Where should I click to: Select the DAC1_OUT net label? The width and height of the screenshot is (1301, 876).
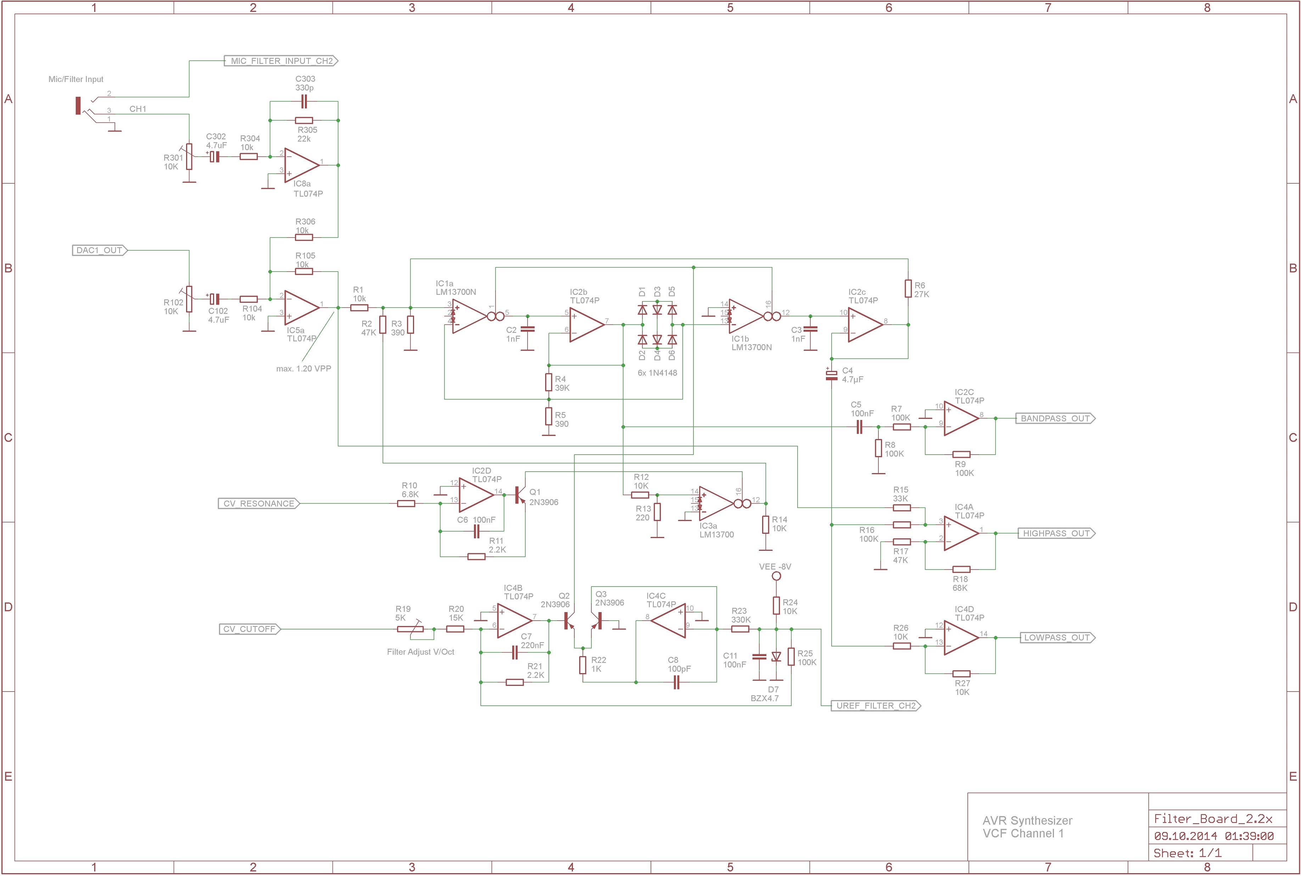point(99,250)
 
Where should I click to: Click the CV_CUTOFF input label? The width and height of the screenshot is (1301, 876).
point(249,629)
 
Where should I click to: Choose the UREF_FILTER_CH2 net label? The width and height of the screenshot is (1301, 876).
point(875,706)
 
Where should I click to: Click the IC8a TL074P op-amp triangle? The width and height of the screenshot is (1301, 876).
point(300,165)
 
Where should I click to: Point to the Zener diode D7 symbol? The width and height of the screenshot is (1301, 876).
point(776,657)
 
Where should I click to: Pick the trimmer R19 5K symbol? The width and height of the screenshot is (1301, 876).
point(411,630)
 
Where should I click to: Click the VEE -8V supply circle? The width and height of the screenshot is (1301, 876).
point(776,576)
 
